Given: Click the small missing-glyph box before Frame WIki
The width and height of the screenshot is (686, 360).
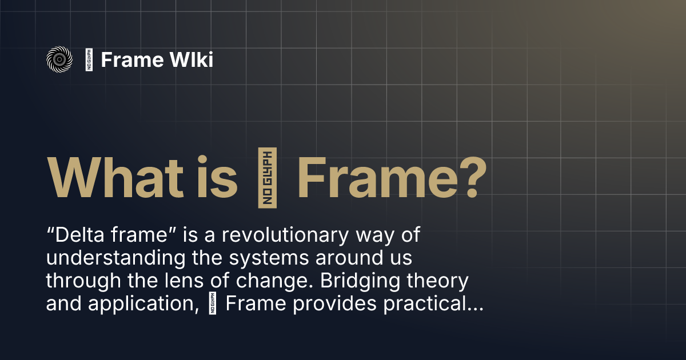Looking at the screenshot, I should pos(89,59).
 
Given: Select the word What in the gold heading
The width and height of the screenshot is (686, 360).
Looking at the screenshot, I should pos(109,175).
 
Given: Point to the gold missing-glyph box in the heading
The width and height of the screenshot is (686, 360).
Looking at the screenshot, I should pos(268,176).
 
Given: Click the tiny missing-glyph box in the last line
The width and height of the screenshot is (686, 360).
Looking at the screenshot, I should pos(215,304).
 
